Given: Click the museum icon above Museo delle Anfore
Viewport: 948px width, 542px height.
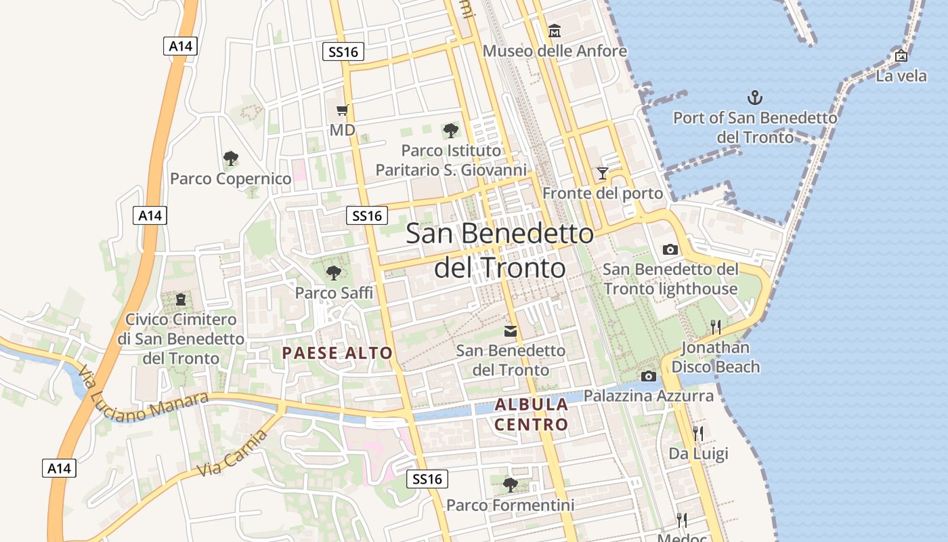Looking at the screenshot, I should coord(555,31).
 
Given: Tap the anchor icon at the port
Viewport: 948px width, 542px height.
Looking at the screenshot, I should coord(754,98).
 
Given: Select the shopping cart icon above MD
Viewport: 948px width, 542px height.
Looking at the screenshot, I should coord(343,110).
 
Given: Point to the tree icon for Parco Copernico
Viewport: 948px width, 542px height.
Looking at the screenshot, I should coord(231,159).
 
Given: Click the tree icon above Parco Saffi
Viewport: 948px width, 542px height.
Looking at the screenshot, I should coord(333,273).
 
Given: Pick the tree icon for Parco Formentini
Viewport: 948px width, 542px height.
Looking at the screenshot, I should coord(511,485).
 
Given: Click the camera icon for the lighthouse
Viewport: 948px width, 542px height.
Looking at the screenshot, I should coord(670,250).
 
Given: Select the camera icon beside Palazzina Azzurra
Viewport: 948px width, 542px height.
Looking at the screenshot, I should coord(649,377).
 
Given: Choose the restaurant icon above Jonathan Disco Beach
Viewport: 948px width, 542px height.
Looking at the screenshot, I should coord(716,328).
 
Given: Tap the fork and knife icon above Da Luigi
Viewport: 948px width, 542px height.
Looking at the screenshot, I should coord(698,434).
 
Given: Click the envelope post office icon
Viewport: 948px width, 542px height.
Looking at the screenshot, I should coord(511,331).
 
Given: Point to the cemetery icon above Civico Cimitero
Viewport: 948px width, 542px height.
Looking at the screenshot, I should coord(181,299).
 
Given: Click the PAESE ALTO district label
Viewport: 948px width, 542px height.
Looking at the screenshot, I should coord(337,353).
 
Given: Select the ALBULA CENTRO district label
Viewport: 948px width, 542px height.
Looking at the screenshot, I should coord(532,415).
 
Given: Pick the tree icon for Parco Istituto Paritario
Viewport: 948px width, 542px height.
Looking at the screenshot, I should coord(450,131).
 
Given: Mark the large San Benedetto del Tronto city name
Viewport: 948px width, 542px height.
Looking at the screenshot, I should coord(500,251).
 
